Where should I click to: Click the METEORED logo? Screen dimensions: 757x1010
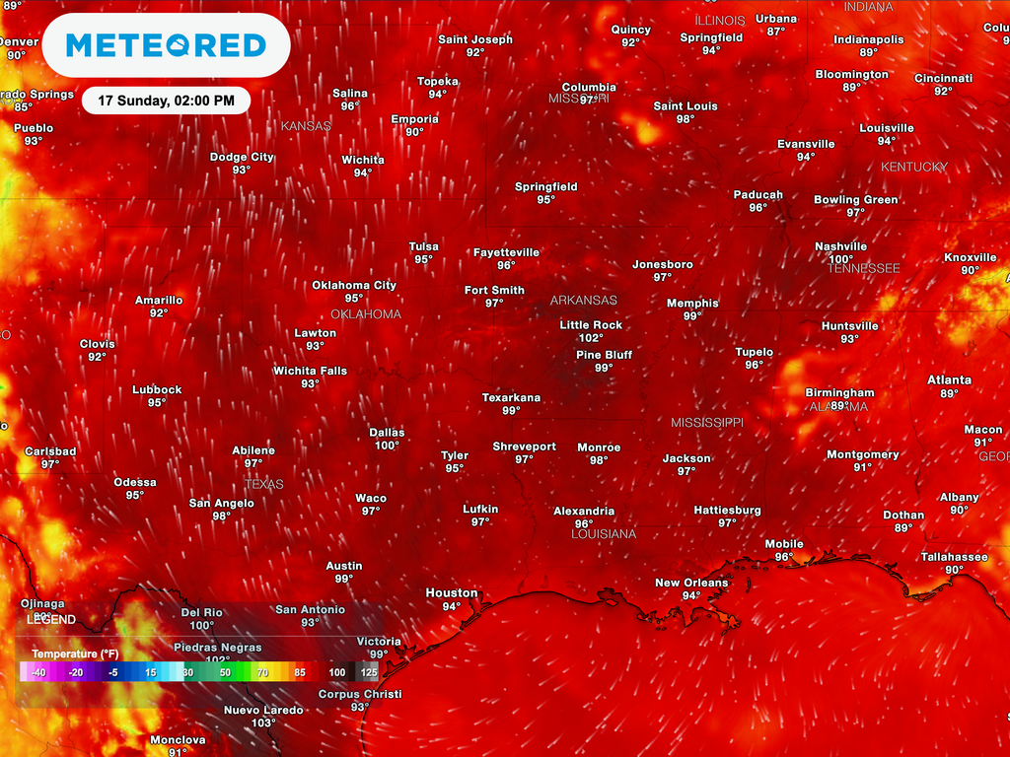[x=166, y=45]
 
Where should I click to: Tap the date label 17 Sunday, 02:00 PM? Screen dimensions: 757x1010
[x=166, y=101]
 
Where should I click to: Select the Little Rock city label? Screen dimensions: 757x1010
[x=591, y=325]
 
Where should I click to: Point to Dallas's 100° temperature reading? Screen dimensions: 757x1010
[x=387, y=446]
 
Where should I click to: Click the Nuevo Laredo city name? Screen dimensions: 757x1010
[x=263, y=711]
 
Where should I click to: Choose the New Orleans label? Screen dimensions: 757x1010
[x=691, y=583]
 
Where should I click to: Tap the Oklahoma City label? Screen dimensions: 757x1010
[x=354, y=286]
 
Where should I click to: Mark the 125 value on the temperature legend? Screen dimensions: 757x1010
[x=369, y=672]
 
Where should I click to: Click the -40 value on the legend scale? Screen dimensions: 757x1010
[x=38, y=672]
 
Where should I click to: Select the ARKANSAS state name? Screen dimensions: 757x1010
[x=583, y=301]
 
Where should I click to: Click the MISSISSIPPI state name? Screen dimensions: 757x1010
[x=707, y=422]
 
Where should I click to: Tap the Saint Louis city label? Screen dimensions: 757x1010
[x=685, y=106]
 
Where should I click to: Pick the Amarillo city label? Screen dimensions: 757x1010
[x=159, y=301]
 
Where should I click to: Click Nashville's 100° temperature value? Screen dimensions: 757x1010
[x=840, y=259]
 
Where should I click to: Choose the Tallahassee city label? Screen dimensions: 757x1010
[x=954, y=557]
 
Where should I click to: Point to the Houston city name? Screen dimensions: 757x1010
[x=452, y=593]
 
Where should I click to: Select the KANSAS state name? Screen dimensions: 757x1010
[x=306, y=126]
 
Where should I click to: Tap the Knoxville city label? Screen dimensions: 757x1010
[x=971, y=258]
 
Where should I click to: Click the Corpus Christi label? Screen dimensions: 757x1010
[x=360, y=695]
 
